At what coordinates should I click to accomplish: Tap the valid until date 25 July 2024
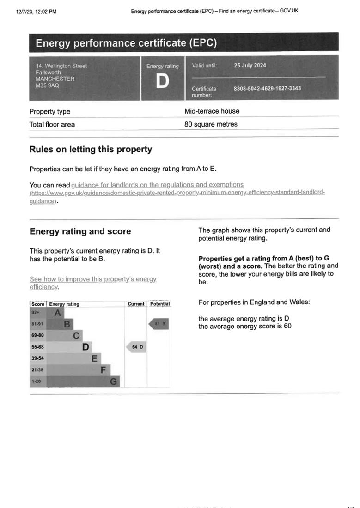point(250,66)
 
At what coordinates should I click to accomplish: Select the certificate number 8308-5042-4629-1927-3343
point(267,88)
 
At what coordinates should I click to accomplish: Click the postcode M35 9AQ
point(47,85)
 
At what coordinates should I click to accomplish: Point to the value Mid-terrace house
point(212,111)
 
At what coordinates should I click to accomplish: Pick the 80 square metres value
point(211,124)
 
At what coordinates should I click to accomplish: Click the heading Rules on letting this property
point(90,150)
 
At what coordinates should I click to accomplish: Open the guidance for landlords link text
point(157,185)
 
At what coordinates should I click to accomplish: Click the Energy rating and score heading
point(80,231)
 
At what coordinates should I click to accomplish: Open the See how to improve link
point(92,279)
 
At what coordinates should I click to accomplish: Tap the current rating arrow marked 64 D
point(136,347)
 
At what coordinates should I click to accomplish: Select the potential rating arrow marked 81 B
point(159,324)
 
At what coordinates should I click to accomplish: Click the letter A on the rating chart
point(57,313)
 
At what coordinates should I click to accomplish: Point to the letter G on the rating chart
point(114,381)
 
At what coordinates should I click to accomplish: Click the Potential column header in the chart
point(160,304)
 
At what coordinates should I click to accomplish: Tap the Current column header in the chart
point(136,304)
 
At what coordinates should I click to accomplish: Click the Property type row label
point(49,112)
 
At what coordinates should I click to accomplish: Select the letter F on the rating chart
point(104,370)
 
